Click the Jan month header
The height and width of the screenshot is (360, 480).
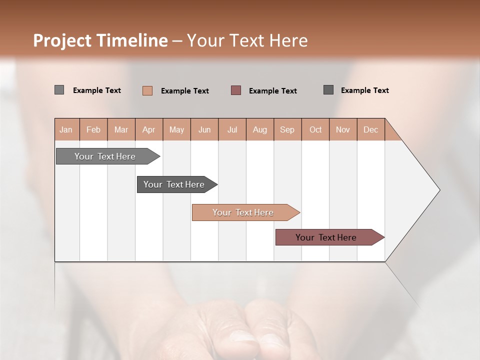point(66,129)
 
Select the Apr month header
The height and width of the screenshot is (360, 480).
point(149,129)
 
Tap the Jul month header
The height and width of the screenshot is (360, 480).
point(232,129)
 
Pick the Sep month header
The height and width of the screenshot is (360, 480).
point(287,129)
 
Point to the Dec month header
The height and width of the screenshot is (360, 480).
point(370,129)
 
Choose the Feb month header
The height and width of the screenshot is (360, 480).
point(93,129)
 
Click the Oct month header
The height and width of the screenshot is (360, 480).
point(315,129)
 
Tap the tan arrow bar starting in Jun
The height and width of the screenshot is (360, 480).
point(243,212)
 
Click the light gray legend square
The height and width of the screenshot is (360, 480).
point(59,90)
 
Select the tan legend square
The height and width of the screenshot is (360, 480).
point(147,90)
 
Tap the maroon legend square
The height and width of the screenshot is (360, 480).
point(236,90)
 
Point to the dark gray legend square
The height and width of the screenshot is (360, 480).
point(328,89)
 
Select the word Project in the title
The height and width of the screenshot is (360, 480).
point(61,40)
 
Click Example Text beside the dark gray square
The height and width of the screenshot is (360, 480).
point(364,90)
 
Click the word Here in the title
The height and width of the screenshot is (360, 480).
point(288,40)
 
